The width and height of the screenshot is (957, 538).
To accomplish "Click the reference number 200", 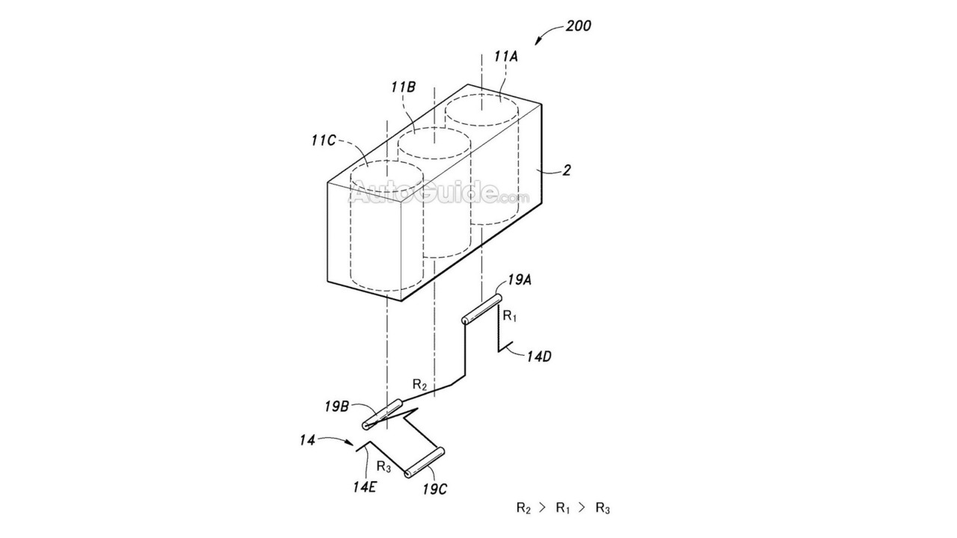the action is (578, 26).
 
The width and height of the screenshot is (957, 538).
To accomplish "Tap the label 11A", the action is (506, 56).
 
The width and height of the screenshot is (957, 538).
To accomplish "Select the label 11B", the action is (403, 87).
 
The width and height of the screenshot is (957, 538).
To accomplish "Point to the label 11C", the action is (324, 140).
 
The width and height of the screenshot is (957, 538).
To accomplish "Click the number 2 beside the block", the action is (566, 170).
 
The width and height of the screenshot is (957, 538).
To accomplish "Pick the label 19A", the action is (520, 280).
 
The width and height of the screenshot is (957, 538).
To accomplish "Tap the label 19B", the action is (336, 406).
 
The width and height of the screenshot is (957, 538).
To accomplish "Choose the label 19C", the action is (435, 489).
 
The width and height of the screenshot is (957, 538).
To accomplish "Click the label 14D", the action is (539, 356).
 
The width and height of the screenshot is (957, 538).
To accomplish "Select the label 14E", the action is (364, 486).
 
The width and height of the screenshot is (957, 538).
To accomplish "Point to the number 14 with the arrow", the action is (307, 440).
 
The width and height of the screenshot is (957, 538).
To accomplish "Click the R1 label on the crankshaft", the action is (510, 316).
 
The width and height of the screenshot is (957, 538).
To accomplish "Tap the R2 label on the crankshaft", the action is (419, 385).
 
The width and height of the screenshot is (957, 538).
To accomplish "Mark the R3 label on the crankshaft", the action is (384, 467).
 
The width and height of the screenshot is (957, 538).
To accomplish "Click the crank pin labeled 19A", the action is (481, 309).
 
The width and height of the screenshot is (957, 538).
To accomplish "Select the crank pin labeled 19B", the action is (382, 414).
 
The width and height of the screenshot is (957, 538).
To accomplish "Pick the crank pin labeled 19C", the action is (424, 462).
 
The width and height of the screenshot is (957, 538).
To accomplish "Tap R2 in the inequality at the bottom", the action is (524, 509).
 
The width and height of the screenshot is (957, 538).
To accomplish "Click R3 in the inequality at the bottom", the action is (603, 509).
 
